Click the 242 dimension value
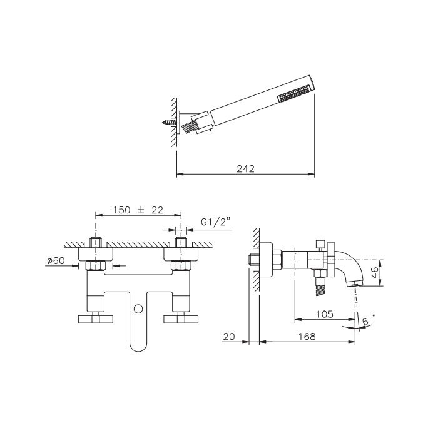(245, 169)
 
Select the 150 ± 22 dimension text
(138, 210)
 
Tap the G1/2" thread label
(216, 222)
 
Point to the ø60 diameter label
(56, 261)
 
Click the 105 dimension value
(325, 314)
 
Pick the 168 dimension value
(307, 337)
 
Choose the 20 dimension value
(229, 337)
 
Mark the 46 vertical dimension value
(375, 272)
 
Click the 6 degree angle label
(365, 322)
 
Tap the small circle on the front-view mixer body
(138, 308)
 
